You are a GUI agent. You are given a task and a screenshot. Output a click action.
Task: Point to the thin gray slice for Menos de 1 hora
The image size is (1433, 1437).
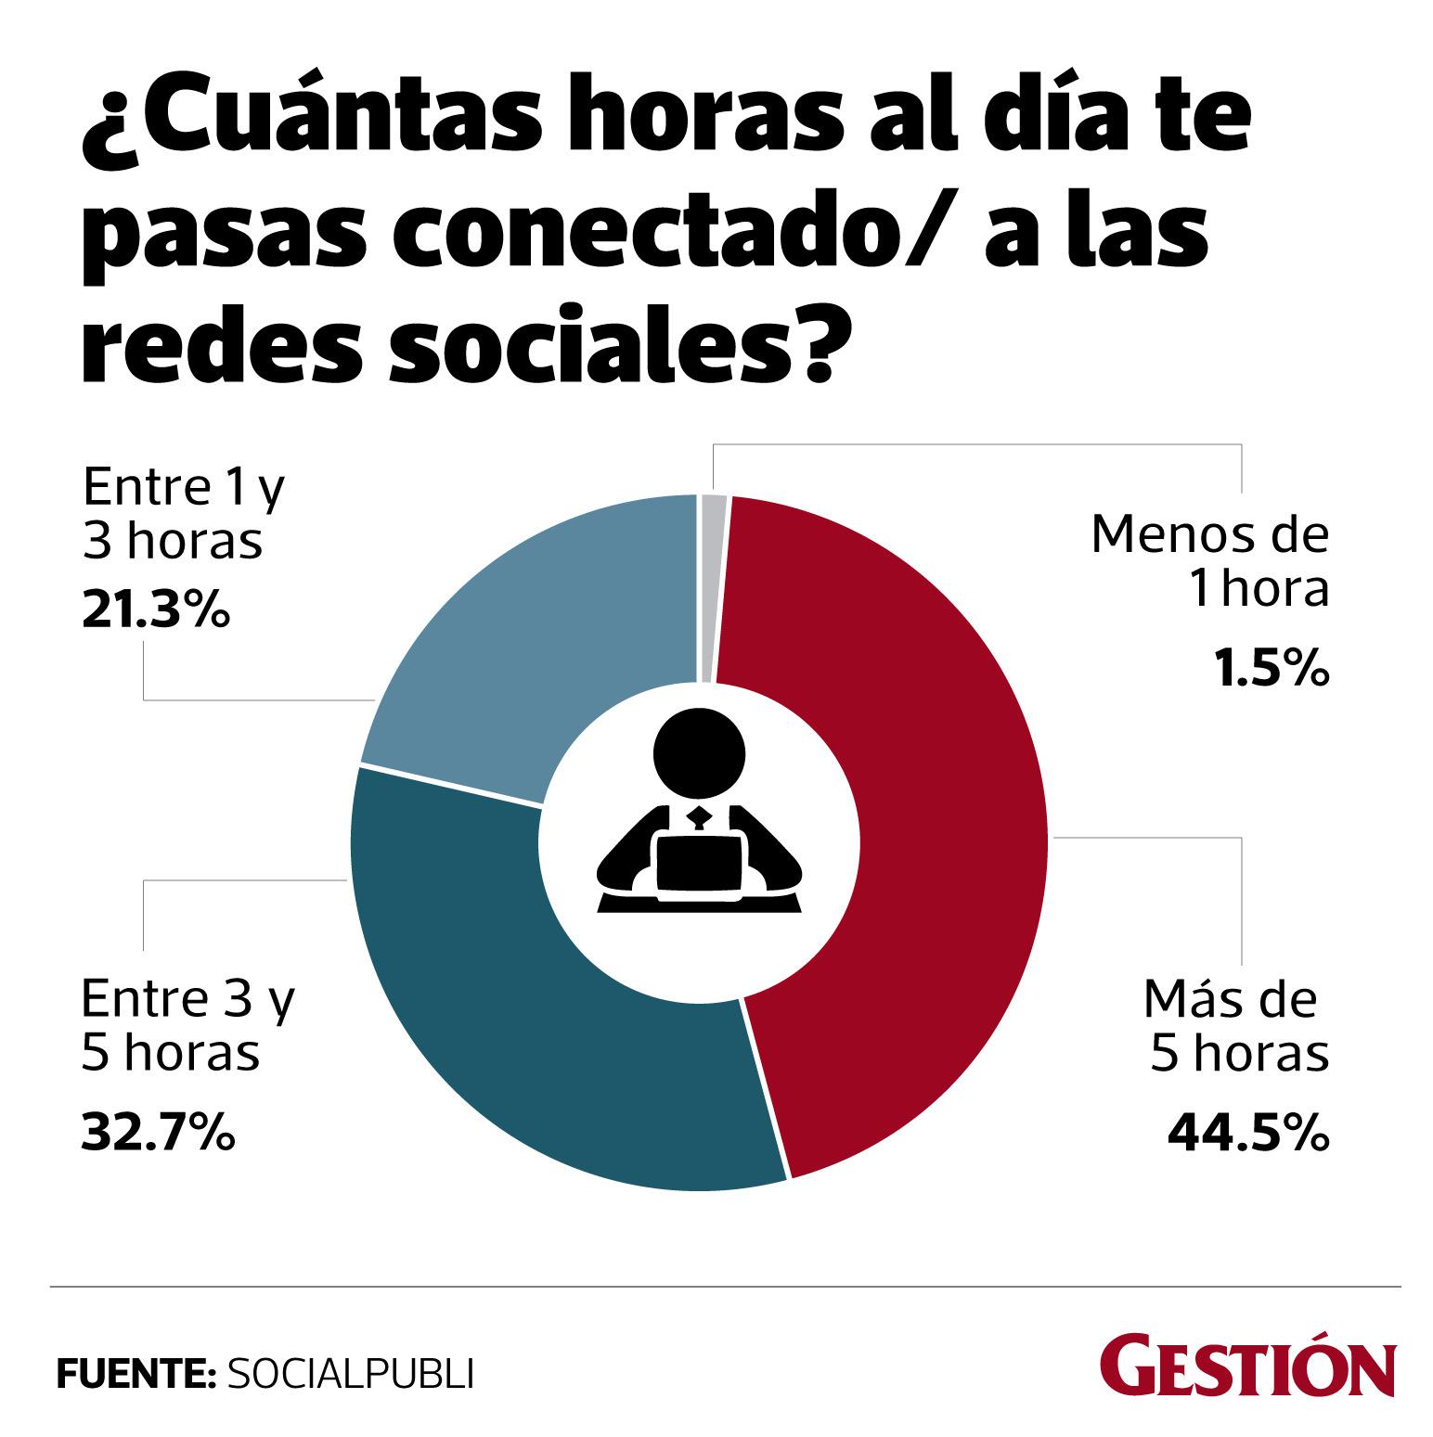pos(713,588)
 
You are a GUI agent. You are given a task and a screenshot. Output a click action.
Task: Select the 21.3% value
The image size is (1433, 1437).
pos(155,612)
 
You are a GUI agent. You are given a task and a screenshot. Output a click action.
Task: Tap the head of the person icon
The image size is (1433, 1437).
pos(699,753)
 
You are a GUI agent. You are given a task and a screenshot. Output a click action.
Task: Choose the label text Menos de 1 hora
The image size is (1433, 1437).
pos(1210,562)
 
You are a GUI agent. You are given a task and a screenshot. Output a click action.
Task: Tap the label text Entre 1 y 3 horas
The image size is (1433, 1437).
pos(181,512)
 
